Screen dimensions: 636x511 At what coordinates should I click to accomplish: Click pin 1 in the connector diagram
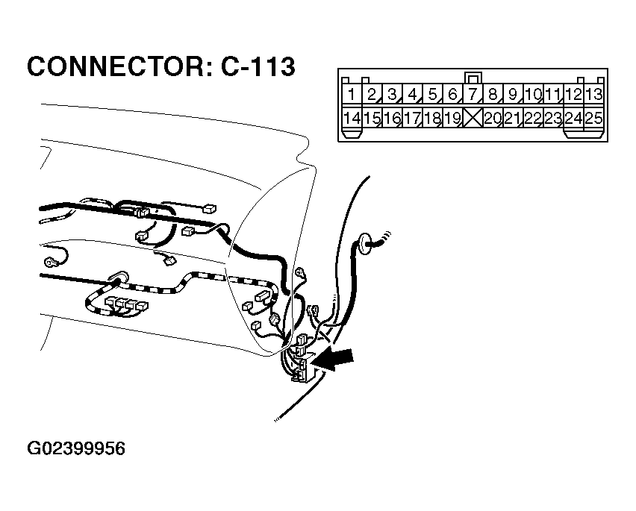(351, 95)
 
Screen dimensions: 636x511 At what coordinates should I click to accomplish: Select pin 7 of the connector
(472, 95)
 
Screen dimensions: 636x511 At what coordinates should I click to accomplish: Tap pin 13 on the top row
(593, 95)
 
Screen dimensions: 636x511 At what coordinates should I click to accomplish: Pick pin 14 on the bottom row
(351, 118)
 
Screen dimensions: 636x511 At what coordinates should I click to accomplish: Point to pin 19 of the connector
(452, 118)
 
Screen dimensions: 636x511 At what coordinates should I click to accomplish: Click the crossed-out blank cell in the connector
(472, 118)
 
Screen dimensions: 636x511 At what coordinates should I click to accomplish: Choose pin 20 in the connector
(492, 118)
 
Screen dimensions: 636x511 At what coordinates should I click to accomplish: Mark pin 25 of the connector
(593, 118)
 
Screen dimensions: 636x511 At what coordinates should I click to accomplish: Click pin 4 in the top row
(411, 95)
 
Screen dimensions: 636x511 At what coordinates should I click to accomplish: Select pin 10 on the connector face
(532, 95)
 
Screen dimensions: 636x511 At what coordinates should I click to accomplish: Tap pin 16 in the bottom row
(391, 118)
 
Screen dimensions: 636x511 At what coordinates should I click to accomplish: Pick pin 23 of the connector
(553, 118)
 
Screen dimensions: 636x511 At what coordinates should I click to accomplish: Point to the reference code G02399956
(76, 449)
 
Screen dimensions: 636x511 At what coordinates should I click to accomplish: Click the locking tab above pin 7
(472, 78)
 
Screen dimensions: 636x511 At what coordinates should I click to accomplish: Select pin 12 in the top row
(573, 95)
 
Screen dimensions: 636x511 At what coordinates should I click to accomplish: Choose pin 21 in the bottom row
(512, 118)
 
